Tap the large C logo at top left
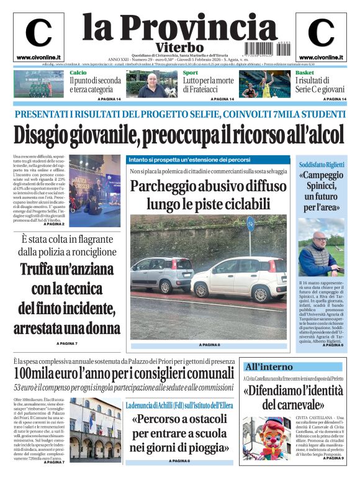pos(38,35)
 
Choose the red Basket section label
pos(304,73)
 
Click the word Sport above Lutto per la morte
pos(191,73)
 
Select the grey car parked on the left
pos(163,273)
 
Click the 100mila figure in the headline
pos(38,374)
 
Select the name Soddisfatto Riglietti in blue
pos(322,165)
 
